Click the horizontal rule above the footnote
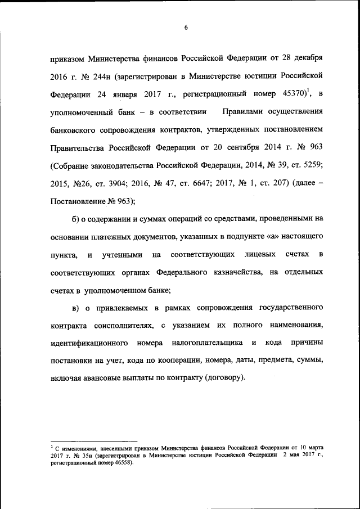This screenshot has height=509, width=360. coord(93,442)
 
